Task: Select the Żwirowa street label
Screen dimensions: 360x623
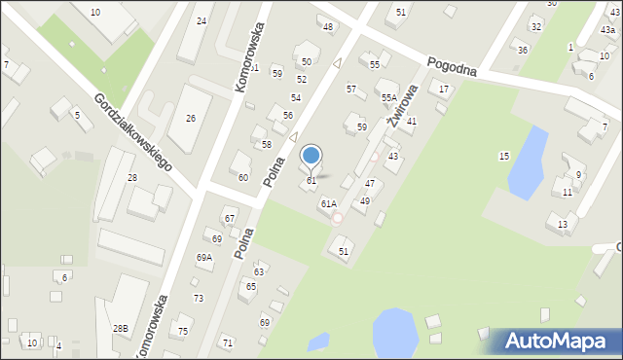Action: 401,105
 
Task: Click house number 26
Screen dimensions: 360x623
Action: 191,119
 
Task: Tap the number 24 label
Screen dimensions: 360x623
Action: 202,20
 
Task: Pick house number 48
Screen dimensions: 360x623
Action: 328,26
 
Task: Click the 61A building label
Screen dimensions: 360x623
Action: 329,204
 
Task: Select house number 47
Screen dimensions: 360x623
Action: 370,184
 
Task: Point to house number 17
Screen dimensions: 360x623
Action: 445,90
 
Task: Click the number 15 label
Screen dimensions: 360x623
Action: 504,157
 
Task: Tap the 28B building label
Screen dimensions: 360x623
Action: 120,329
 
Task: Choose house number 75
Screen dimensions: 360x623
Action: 183,332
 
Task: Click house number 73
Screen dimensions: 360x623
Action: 199,299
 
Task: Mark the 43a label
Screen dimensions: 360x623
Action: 607,31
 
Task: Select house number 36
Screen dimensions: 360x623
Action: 523,51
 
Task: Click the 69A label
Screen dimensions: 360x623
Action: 203,258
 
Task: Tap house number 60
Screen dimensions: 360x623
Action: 243,178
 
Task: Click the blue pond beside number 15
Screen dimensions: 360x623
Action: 527,159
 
